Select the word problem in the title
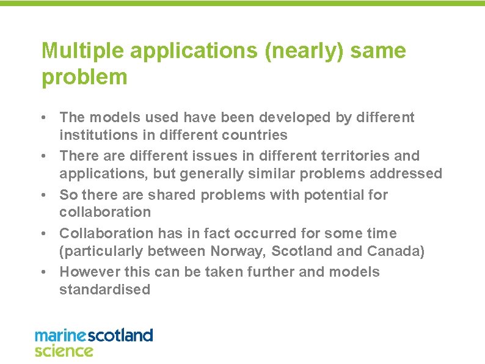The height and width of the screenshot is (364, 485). tap(84, 78)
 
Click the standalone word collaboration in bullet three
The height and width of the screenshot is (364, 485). tap(104, 212)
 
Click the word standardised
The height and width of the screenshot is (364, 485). tap(104, 289)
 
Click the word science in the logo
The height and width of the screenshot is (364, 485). tap(64, 351)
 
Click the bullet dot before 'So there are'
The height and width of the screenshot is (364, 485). tap(46, 195)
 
